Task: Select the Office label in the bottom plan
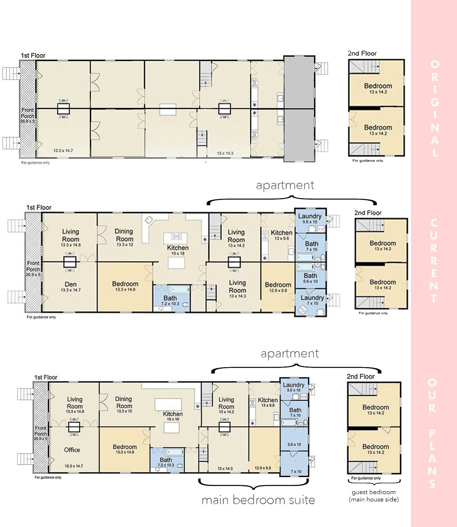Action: click(72, 450)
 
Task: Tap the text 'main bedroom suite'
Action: click(258, 500)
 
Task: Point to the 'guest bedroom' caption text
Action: click(374, 492)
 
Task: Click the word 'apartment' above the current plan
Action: click(285, 185)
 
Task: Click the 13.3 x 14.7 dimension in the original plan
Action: click(63, 150)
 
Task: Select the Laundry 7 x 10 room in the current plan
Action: click(312, 300)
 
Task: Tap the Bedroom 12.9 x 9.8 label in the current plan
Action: click(278, 287)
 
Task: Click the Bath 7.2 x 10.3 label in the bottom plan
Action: click(166, 462)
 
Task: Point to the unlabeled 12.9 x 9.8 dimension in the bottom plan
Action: click(263, 468)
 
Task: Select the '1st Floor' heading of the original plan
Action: click(33, 55)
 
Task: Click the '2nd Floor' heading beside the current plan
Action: click(368, 213)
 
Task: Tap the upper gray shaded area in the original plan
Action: click(299, 82)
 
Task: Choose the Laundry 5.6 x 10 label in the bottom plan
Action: click(294, 387)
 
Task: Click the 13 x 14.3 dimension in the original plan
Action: click(225, 153)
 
